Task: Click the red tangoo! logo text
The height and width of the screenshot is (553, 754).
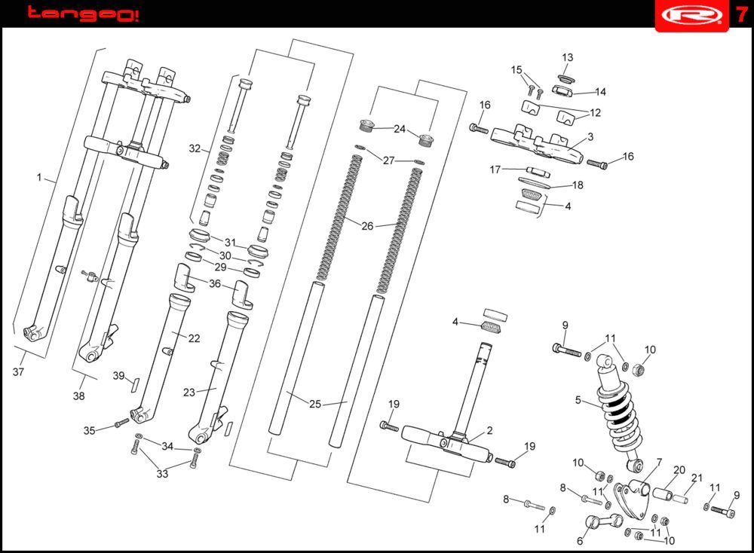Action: [x=83, y=14]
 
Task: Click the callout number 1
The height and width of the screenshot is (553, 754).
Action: [x=39, y=178]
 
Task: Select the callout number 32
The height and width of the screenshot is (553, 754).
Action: [x=195, y=148]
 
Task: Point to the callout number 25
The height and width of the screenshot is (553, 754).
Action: [x=315, y=404]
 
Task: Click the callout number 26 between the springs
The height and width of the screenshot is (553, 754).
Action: [x=367, y=225]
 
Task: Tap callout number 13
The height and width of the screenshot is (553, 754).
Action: [x=568, y=57]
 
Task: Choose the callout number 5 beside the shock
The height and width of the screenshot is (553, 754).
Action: [x=578, y=400]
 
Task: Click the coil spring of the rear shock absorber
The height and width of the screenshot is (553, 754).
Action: [x=620, y=413]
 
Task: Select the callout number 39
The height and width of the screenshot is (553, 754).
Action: [x=118, y=375]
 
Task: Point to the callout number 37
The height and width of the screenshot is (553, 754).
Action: [x=19, y=372]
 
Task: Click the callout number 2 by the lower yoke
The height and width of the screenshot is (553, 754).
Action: [x=489, y=430]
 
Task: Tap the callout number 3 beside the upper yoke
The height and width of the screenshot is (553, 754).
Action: [x=590, y=136]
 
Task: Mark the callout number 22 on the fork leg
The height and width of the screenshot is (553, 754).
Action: [x=194, y=338]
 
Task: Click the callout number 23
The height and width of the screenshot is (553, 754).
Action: [x=189, y=393]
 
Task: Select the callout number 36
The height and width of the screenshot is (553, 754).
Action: [x=215, y=283]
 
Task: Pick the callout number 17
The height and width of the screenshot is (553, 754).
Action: [x=495, y=170]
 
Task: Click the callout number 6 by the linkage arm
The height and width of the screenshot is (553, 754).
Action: [x=580, y=540]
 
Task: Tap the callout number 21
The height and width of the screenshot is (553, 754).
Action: [x=697, y=478]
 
